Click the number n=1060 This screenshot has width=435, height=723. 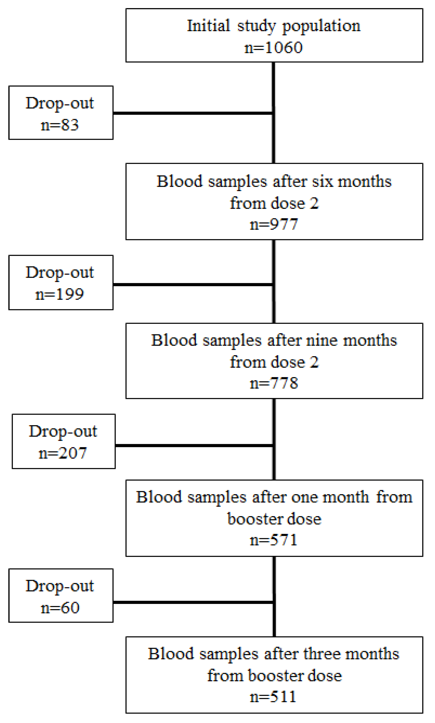tap(273, 47)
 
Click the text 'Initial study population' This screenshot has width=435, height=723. tap(273, 26)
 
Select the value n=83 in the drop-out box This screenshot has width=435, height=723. tap(60, 125)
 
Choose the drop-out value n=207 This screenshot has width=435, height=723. tap(63, 453)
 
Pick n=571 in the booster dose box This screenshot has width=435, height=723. tap(274, 540)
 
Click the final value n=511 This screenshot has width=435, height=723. tap(273, 697)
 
